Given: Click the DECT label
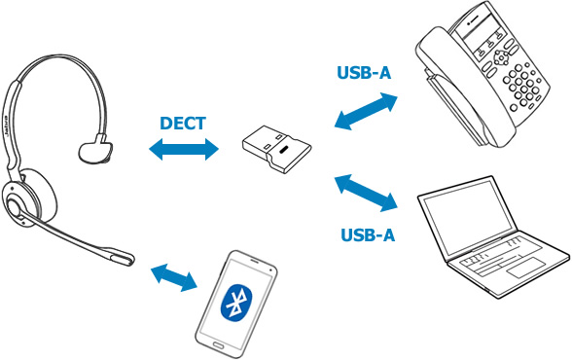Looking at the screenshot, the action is [x=183, y=124].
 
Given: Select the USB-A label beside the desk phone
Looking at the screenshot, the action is [x=364, y=73].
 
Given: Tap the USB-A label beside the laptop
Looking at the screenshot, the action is [x=368, y=234].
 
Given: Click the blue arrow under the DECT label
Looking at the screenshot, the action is [x=184, y=149].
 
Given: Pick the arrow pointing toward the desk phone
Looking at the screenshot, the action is [x=366, y=111].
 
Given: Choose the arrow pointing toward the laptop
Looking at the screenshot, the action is [x=366, y=193].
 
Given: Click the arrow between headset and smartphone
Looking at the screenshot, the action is [x=174, y=277].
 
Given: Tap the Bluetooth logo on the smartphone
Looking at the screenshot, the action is [x=236, y=304].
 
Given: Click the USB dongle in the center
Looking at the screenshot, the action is [x=277, y=149].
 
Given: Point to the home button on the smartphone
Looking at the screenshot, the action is [x=219, y=344].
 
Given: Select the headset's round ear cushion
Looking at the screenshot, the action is [x=32, y=198].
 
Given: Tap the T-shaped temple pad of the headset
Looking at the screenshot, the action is [x=95, y=149].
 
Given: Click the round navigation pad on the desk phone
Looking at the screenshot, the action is [x=501, y=57].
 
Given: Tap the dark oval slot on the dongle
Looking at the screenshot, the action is [x=283, y=150].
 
